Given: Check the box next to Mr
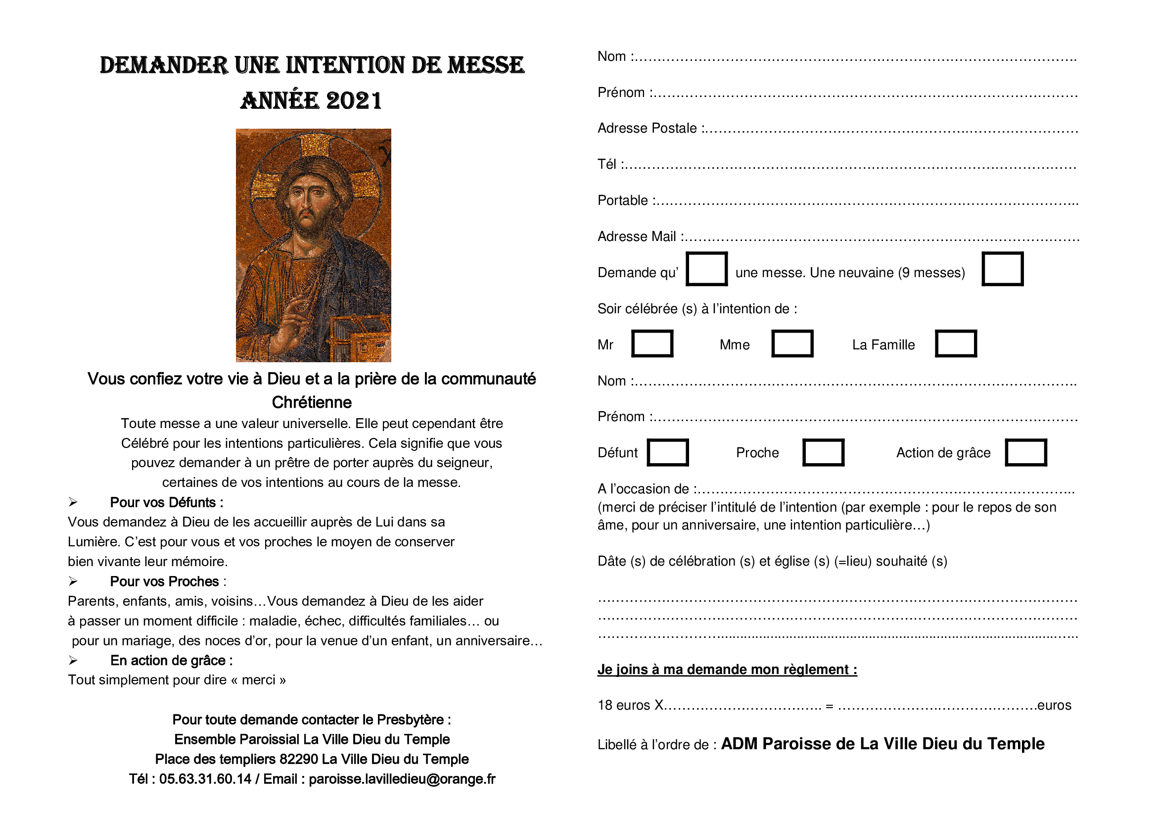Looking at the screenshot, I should (x=652, y=344).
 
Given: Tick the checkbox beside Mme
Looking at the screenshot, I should (x=792, y=344).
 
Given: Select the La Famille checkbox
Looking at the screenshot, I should (x=956, y=344).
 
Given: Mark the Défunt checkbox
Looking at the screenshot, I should (x=668, y=452).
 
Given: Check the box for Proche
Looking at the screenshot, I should (x=823, y=452).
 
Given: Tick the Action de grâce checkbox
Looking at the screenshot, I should (x=1025, y=452).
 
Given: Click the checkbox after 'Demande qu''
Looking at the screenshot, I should (x=706, y=269).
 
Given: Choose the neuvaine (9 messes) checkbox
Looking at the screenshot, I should (x=1002, y=269).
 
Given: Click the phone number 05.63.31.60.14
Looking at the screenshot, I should (x=205, y=779).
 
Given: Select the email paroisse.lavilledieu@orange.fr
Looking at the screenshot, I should (x=402, y=779).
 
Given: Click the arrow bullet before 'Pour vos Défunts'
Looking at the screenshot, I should (x=73, y=502).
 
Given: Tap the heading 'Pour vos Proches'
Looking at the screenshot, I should (x=164, y=581).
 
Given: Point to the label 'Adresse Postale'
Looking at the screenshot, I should (x=647, y=129).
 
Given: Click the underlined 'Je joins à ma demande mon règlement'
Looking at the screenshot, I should (x=727, y=670).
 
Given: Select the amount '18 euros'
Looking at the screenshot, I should (x=624, y=705).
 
